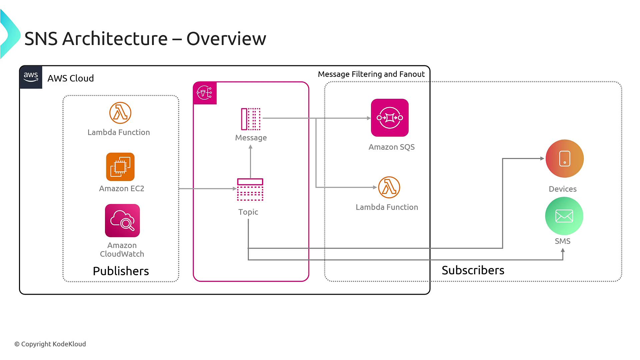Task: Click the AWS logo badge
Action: tap(31, 77)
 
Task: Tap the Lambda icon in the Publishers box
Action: tap(120, 113)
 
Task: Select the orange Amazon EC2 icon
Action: tap(120, 167)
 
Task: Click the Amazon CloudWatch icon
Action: tap(122, 221)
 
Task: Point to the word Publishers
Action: tap(121, 271)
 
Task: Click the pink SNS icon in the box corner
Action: tap(205, 93)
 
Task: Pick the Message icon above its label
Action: tap(251, 119)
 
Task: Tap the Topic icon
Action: tap(250, 190)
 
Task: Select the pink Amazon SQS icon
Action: tap(390, 118)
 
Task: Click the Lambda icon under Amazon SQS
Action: tap(389, 187)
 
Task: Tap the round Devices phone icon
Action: tap(565, 159)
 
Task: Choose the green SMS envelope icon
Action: tap(564, 216)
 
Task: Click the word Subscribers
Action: tap(473, 270)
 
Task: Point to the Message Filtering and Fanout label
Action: tap(371, 74)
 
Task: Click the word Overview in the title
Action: tap(226, 39)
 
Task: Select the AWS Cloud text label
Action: tap(70, 78)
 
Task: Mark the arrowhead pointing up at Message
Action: tap(251, 147)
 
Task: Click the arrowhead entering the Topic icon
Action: tap(235, 189)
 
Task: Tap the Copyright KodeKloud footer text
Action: tap(50, 344)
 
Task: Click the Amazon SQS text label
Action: tap(391, 147)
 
